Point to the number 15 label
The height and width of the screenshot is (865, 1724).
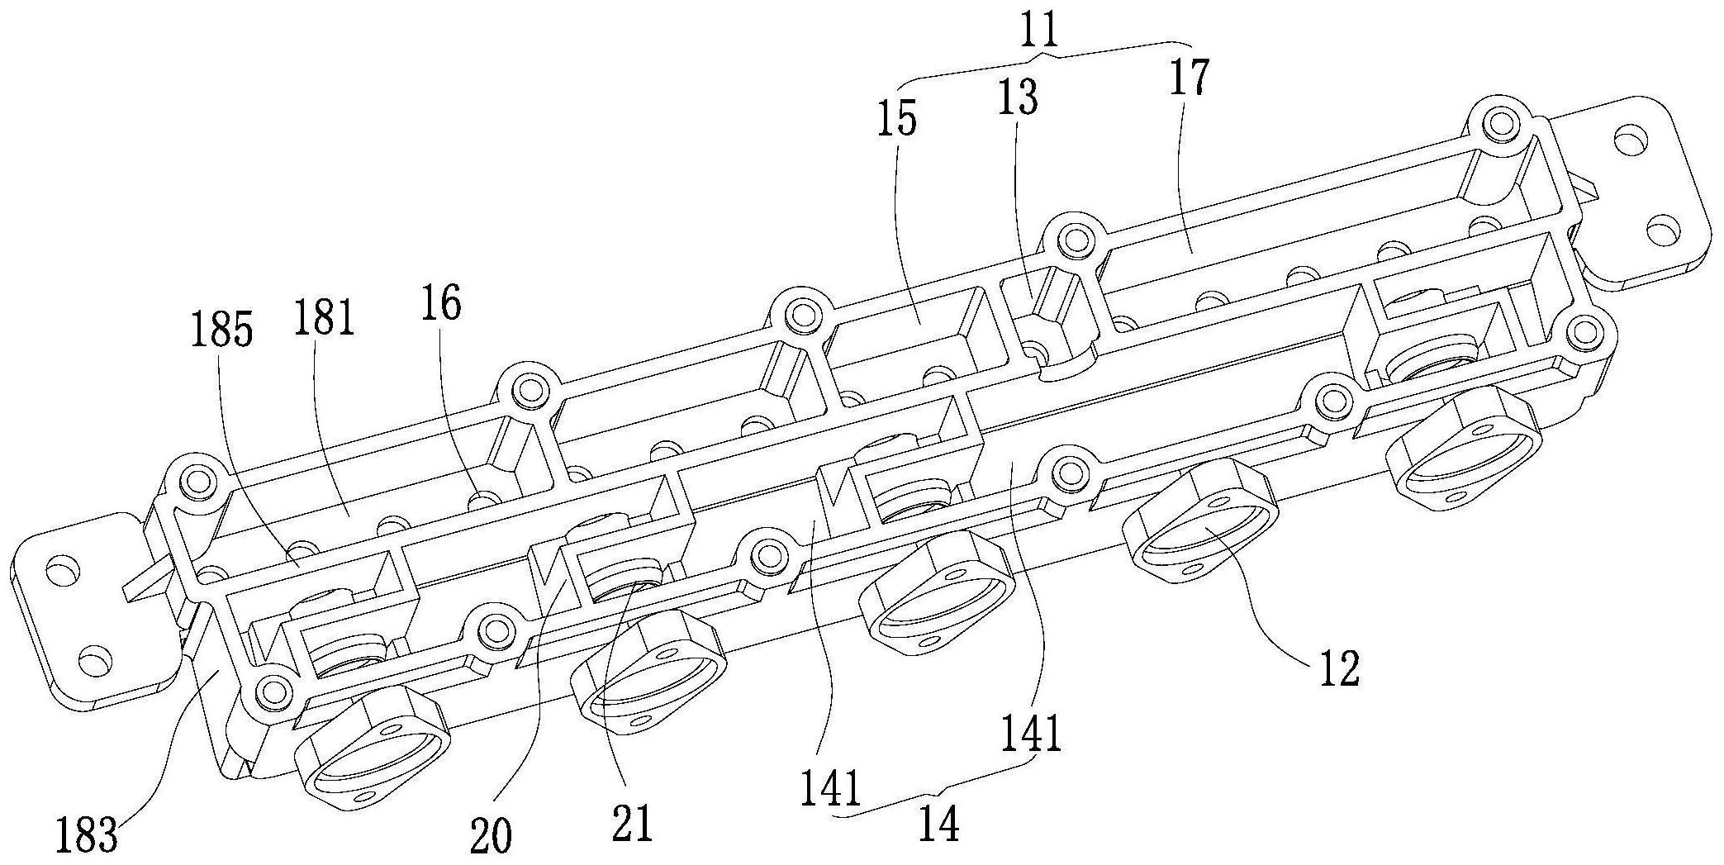point(898,119)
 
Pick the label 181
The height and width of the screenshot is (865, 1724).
point(324,317)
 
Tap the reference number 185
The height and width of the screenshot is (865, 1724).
point(221,331)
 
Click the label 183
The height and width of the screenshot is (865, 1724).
point(86,835)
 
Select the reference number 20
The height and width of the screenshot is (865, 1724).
point(491,836)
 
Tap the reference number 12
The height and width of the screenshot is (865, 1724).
point(1338,669)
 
